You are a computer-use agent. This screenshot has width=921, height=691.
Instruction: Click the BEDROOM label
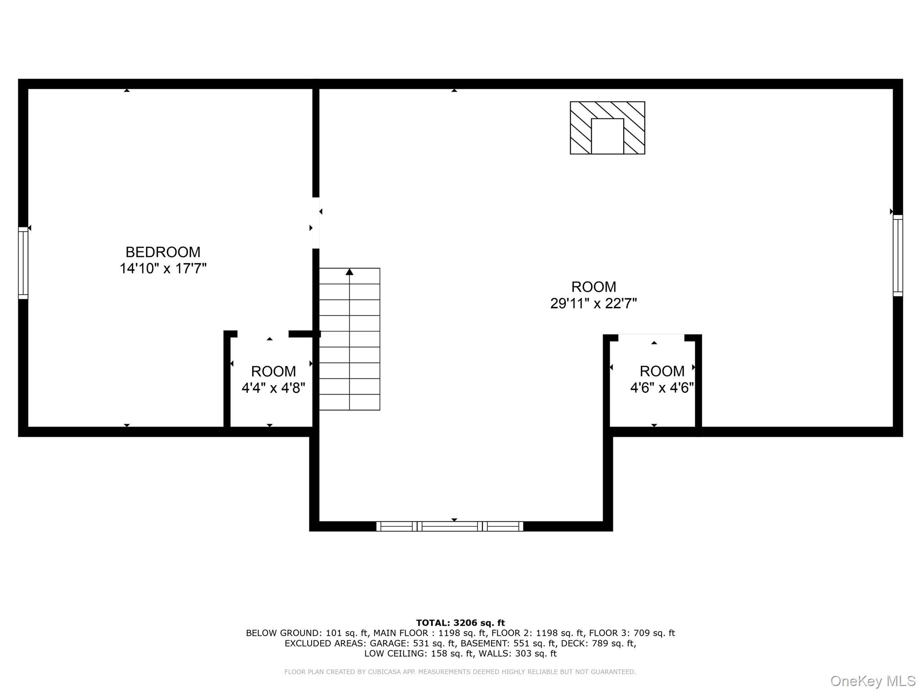(163, 252)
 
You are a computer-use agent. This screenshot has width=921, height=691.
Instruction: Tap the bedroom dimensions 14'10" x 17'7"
(163, 269)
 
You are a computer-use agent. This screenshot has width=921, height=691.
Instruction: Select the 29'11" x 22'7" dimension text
(594, 304)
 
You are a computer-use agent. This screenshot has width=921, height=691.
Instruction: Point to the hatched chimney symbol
(607, 128)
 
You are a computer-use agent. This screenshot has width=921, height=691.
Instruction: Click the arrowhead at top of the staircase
(349, 272)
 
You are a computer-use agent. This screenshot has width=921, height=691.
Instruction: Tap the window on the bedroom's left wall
(23, 263)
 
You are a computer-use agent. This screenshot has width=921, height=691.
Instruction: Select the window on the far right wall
(898, 256)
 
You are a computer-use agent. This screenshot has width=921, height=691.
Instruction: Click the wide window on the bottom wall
(450, 526)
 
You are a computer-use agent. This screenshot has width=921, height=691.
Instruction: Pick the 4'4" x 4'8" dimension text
(273, 388)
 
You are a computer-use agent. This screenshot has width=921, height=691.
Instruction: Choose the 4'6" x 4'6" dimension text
(662, 388)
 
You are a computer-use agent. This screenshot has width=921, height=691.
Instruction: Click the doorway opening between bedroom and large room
(316, 223)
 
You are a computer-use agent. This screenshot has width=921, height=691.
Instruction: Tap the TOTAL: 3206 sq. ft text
(460, 623)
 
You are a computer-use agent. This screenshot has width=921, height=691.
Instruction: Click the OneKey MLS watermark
(873, 681)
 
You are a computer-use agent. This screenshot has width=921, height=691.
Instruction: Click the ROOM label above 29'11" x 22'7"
(594, 287)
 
